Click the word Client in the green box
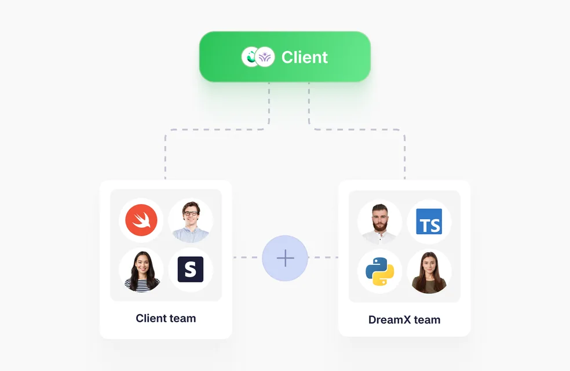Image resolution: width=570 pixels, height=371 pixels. click(x=305, y=57)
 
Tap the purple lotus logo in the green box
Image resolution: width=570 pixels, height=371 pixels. click(x=265, y=57)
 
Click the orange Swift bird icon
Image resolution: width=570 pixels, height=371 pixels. click(x=141, y=220)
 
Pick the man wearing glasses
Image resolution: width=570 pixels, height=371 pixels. click(x=191, y=221)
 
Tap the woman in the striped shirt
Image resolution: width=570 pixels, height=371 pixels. click(x=141, y=270)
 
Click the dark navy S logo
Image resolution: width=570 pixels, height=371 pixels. click(x=191, y=269)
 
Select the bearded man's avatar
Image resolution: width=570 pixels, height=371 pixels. click(x=379, y=222)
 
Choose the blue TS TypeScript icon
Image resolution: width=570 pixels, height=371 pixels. click(x=429, y=221)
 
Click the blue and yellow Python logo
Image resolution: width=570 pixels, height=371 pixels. click(x=380, y=271)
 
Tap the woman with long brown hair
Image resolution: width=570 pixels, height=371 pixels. click(x=429, y=271)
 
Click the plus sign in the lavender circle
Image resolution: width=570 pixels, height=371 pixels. click(x=286, y=258)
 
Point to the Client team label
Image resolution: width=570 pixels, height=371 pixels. click(x=166, y=318)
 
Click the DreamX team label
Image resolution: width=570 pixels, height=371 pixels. click(x=404, y=320)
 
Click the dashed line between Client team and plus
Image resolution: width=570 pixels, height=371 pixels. click(x=247, y=257)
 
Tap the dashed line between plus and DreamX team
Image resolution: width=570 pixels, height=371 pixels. click(x=323, y=257)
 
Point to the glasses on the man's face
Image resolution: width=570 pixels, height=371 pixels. click(x=191, y=213)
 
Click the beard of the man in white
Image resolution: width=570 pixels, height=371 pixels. click(x=380, y=225)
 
